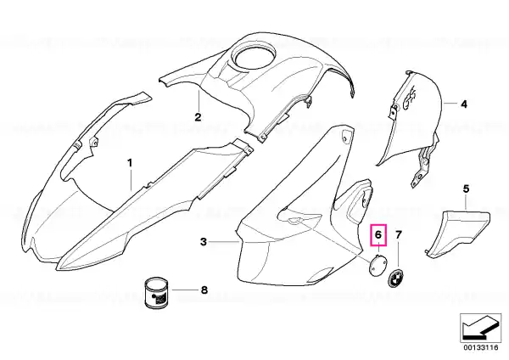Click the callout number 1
(x=130, y=163)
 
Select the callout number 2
(x=198, y=117)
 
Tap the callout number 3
(x=204, y=242)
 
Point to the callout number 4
(x=464, y=104)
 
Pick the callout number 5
(x=466, y=188)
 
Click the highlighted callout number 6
(x=378, y=234)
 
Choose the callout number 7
(x=399, y=234)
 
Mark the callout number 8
(x=204, y=290)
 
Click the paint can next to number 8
(x=156, y=293)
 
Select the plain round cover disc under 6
(x=378, y=265)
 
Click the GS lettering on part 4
(x=410, y=95)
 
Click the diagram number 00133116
(x=481, y=347)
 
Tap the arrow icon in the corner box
(x=481, y=328)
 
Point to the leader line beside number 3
(x=223, y=242)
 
